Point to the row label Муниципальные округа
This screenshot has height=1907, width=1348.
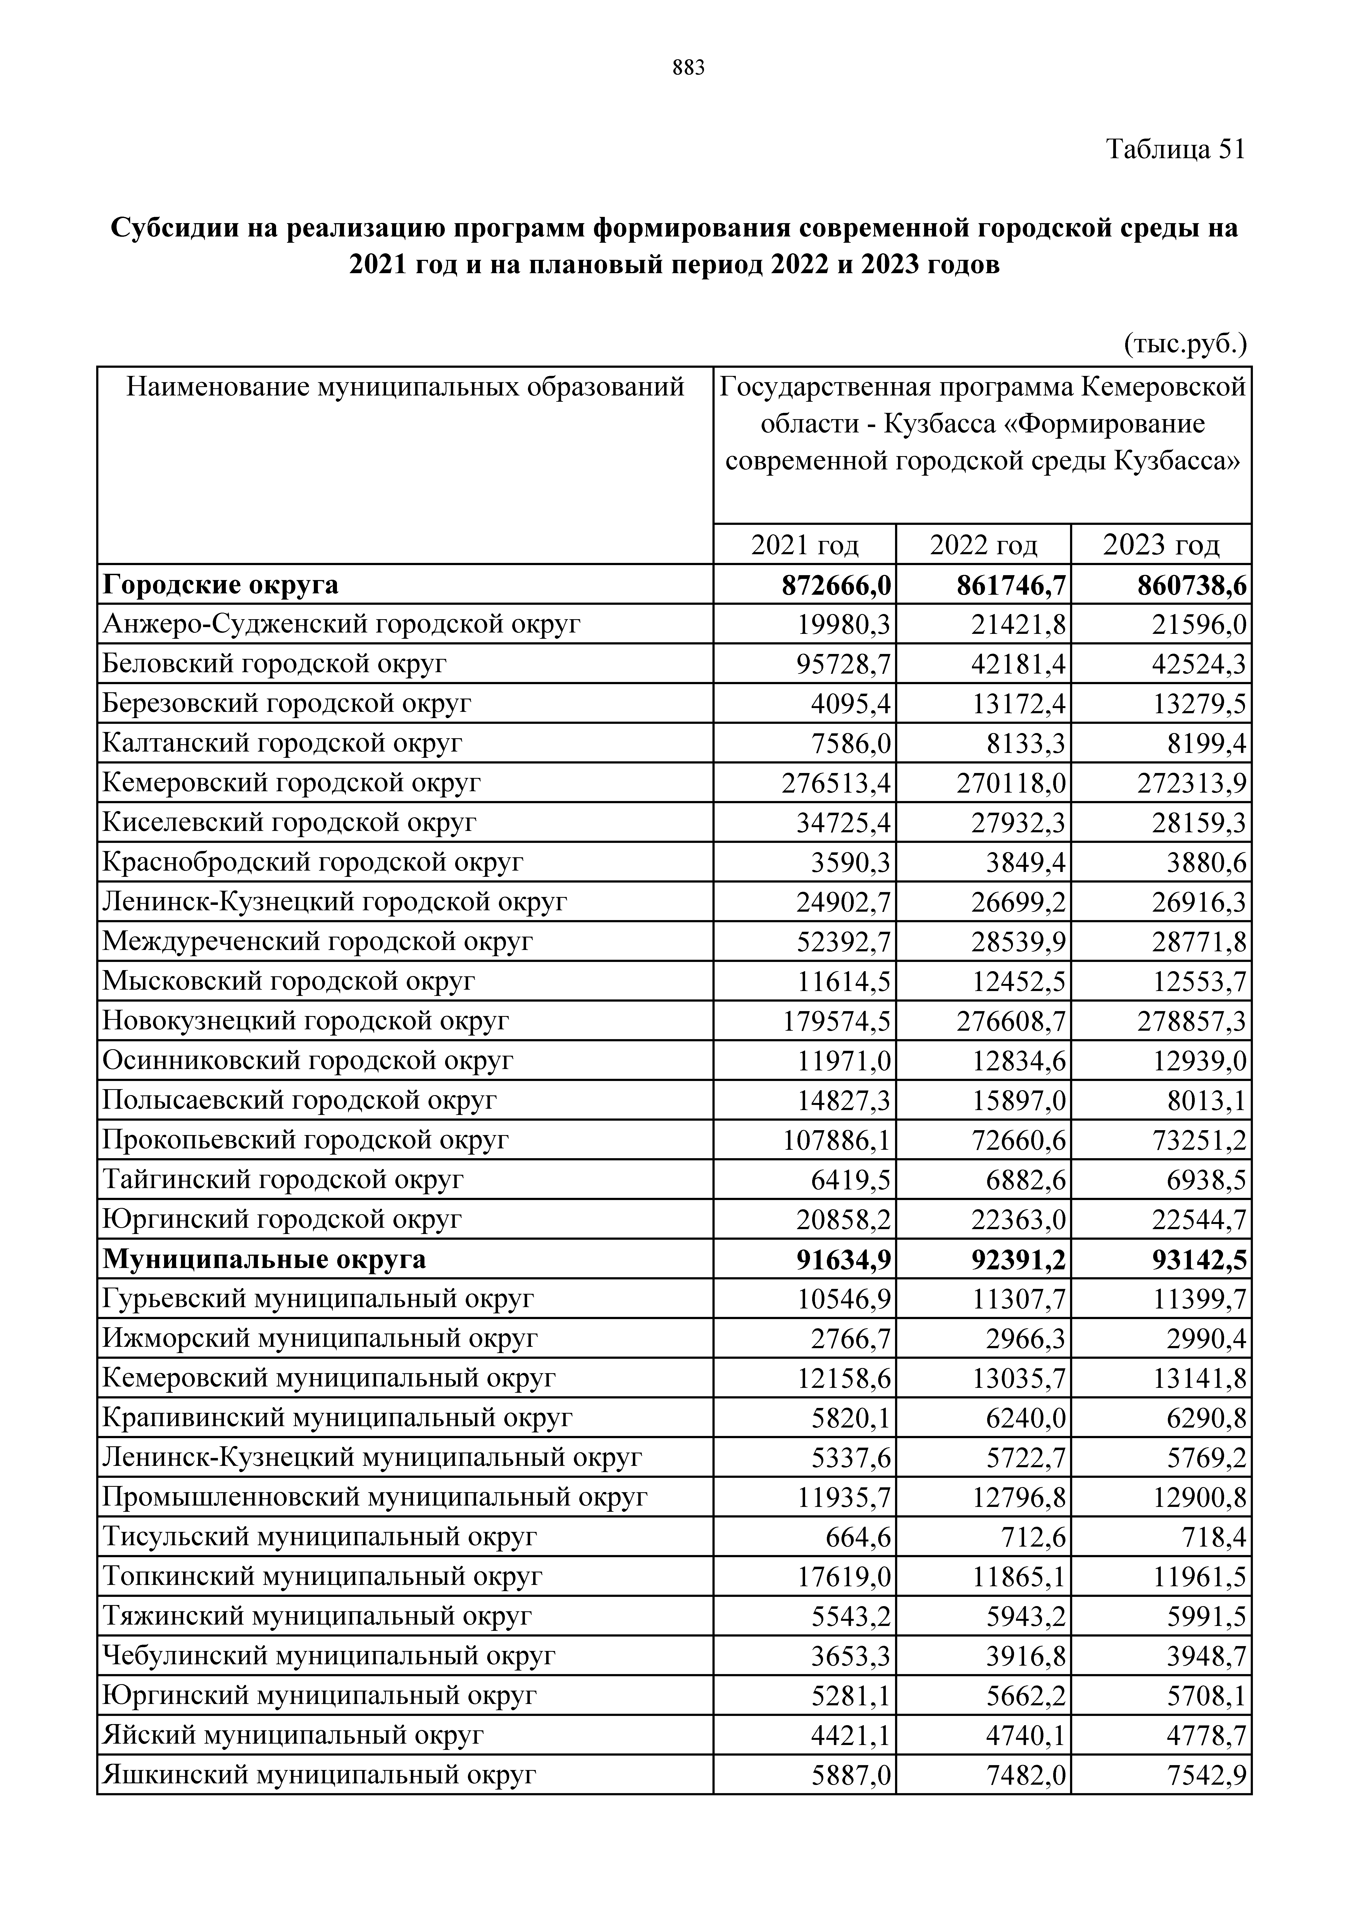[264, 1259]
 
